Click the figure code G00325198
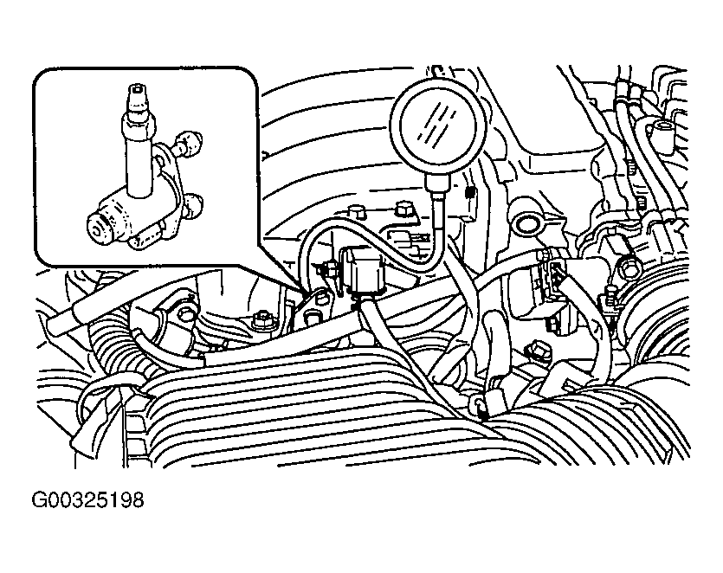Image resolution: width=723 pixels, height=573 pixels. [x=87, y=500]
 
